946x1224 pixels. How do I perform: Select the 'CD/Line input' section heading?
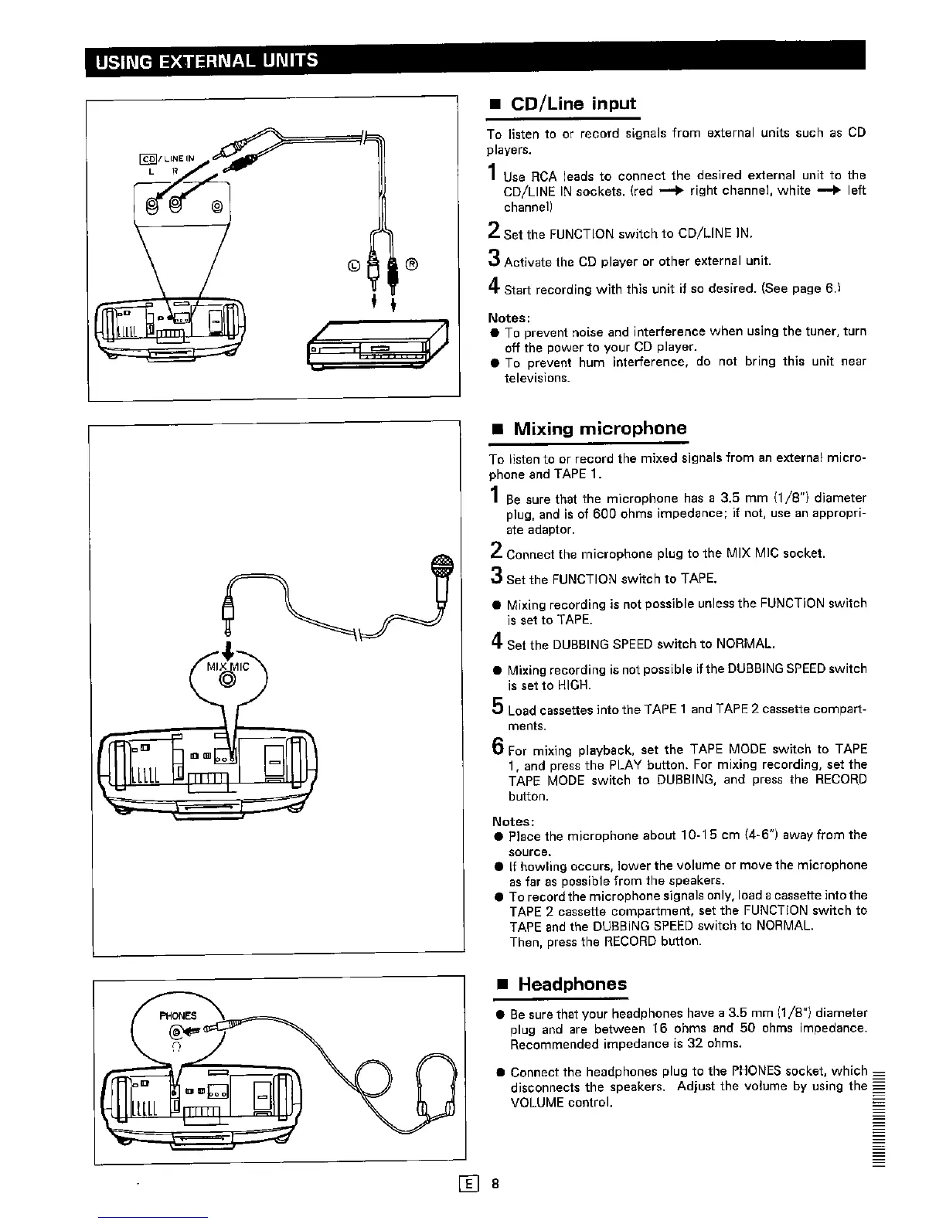[574, 104]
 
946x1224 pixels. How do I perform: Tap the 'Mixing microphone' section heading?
[600, 428]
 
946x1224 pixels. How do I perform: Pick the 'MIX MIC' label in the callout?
[227, 666]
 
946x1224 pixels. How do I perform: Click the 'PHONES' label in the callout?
[178, 1015]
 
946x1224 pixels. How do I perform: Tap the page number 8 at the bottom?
[495, 1183]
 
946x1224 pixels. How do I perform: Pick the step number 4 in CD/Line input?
[492, 288]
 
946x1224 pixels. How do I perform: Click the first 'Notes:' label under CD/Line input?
[508, 318]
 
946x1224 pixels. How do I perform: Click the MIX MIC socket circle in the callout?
[228, 680]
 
